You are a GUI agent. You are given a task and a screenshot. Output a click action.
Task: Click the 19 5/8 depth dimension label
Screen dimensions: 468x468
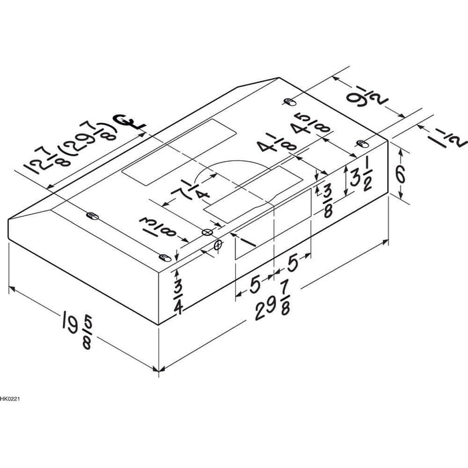pos(78,329)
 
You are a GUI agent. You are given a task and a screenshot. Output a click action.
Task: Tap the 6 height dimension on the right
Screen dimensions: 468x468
pos(400,174)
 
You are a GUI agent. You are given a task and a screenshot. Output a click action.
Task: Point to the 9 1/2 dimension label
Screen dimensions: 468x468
pos(367,100)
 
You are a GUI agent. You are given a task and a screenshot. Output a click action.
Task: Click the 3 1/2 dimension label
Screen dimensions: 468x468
pos(362,178)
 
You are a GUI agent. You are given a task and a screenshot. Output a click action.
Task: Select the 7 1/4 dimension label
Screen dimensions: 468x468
pos(191,191)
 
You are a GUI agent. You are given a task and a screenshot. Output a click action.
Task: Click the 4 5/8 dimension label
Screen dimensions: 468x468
pos(312,124)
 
